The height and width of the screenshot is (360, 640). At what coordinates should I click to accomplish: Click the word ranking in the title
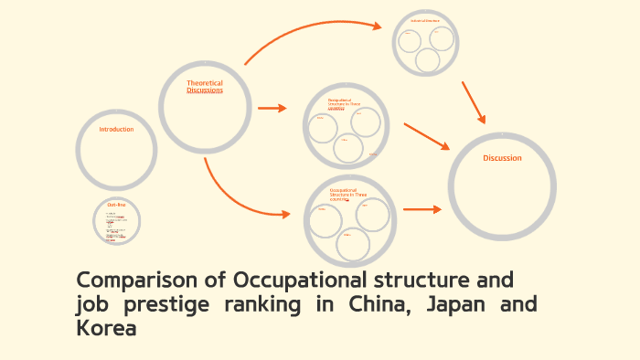pos(264,304)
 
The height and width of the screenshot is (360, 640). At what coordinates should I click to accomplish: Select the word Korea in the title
pos(106,328)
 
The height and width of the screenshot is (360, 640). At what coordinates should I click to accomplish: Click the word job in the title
pos(91,304)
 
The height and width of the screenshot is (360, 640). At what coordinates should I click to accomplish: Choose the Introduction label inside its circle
pos(116,130)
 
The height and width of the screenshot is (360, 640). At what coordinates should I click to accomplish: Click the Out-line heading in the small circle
pos(116,205)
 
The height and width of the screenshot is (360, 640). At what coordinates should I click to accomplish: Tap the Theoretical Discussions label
pos(205,87)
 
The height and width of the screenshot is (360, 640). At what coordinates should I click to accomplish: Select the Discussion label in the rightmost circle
pos(502,158)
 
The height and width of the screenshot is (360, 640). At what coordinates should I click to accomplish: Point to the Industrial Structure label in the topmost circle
pos(425,20)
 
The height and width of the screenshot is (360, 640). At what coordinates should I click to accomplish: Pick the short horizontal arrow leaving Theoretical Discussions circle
pos(272,108)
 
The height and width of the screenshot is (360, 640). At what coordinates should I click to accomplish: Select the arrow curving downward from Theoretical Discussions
pos(233,196)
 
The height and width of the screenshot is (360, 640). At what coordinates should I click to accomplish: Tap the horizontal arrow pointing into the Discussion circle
pos(421,209)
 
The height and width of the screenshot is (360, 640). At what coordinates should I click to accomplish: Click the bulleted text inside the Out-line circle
pos(115,227)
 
